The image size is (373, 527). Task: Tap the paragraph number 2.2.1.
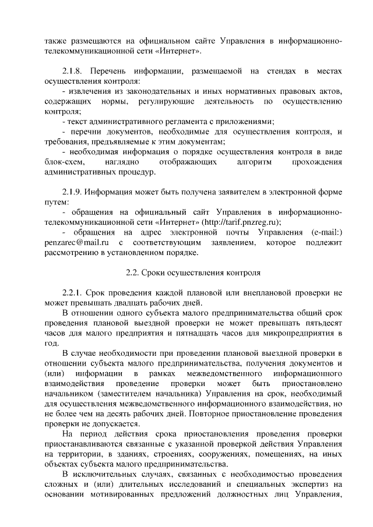[x=73, y=292]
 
